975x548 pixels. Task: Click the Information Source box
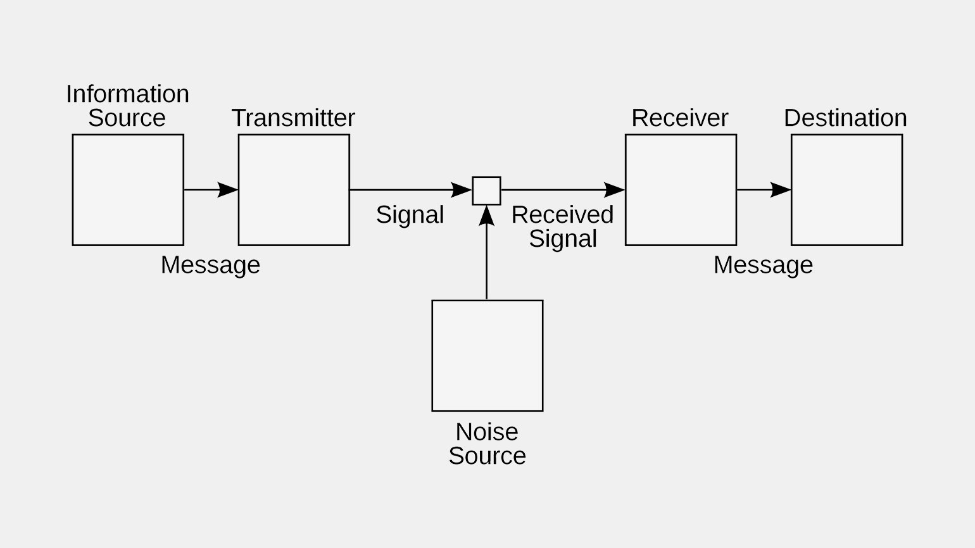(x=128, y=190)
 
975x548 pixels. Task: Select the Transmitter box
(x=294, y=190)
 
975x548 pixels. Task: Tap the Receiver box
(x=681, y=190)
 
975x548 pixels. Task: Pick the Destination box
(x=846, y=190)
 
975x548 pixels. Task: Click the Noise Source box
(x=487, y=356)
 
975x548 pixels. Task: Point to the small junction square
(x=486, y=190)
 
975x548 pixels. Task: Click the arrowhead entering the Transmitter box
(x=228, y=190)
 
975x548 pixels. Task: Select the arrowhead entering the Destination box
(x=781, y=190)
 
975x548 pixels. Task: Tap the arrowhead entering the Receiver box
(x=614, y=190)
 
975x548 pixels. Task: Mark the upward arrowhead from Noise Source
(x=486, y=216)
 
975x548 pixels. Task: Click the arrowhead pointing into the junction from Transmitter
(x=462, y=190)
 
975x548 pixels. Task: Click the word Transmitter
(x=293, y=118)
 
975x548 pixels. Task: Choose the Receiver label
(x=680, y=118)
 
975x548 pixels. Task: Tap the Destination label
(x=845, y=118)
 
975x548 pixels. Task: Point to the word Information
(x=127, y=94)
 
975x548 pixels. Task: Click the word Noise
(x=487, y=432)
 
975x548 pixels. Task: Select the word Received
(x=562, y=215)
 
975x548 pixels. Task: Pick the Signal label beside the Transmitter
(x=410, y=215)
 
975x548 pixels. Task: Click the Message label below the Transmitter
(x=210, y=265)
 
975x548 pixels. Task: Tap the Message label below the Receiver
(x=763, y=265)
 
